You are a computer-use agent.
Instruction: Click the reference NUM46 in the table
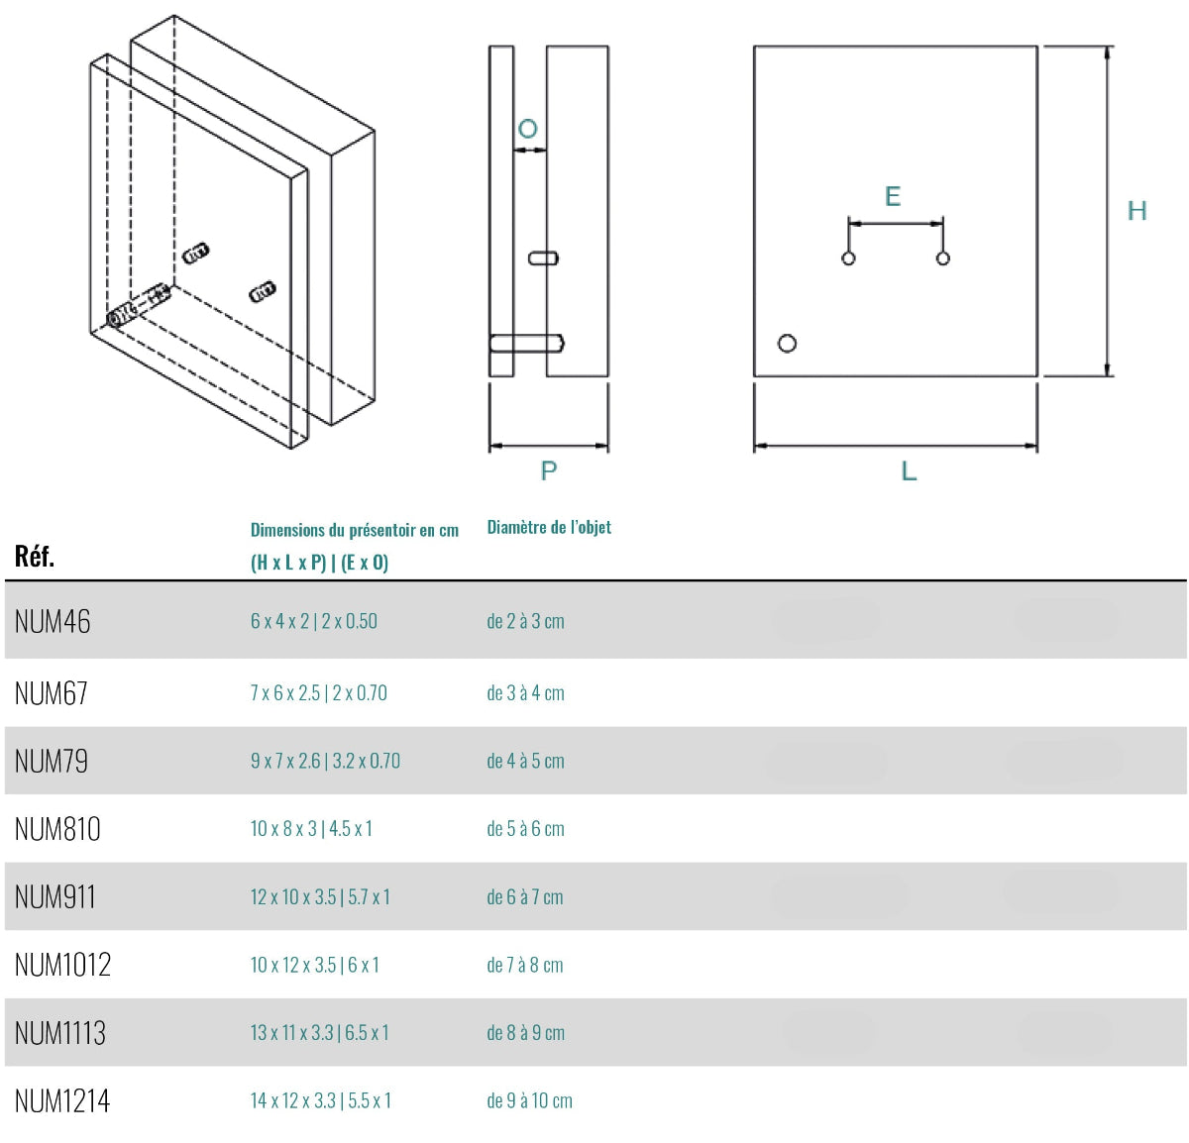53,622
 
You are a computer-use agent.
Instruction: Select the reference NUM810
57,829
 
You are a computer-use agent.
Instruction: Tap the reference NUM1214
62,1100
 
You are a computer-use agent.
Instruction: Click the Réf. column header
35,557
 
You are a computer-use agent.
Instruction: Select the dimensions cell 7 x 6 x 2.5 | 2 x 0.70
318,693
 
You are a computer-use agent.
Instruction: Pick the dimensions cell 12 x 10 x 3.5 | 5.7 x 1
320,897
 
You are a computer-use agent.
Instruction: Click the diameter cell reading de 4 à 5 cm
525,762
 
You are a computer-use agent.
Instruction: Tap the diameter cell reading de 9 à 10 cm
529,1100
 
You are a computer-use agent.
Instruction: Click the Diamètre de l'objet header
549,527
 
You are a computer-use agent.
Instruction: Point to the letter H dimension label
1136,211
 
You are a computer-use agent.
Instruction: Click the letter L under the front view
909,471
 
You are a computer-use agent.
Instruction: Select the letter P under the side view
549,471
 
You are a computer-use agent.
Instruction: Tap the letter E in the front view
893,196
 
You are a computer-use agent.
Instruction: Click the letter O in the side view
528,129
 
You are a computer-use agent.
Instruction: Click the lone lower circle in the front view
788,344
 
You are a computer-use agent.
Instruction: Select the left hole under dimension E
848,259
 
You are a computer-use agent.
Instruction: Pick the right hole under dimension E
943,259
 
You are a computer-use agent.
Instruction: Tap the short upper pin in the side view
543,259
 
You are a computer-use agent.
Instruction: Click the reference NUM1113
60,1033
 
